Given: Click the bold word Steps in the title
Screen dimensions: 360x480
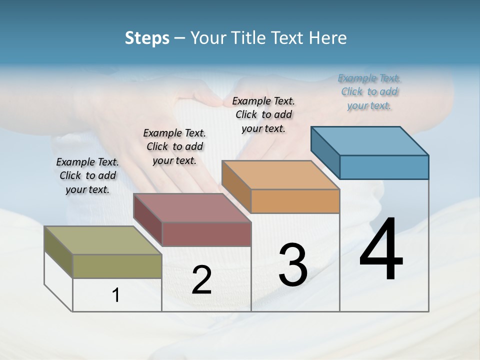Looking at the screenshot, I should coord(147,38).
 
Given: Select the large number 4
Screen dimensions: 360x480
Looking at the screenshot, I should coord(381,250).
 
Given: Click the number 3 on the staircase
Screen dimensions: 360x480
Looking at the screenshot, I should coord(292,265).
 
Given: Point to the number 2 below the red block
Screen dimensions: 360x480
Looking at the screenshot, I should coord(201,280).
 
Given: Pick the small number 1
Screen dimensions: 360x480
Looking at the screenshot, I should coord(116,295).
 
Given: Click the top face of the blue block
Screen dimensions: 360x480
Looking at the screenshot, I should coord(369,141).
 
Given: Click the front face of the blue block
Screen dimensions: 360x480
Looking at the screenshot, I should coord(384,167).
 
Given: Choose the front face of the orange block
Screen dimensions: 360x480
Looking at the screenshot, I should coord(295,201).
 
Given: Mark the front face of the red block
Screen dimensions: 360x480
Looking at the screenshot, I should coord(206,234).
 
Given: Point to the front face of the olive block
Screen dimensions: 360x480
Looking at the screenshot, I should coord(117,266).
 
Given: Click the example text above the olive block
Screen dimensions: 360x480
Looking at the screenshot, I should coord(87,175).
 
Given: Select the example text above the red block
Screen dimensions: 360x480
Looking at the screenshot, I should coord(174,146).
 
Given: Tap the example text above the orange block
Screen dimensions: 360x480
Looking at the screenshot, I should coord(263,114).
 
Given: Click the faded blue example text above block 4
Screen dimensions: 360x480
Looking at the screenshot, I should coord(369,91).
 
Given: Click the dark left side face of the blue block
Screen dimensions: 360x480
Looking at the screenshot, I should coord(325,149).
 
